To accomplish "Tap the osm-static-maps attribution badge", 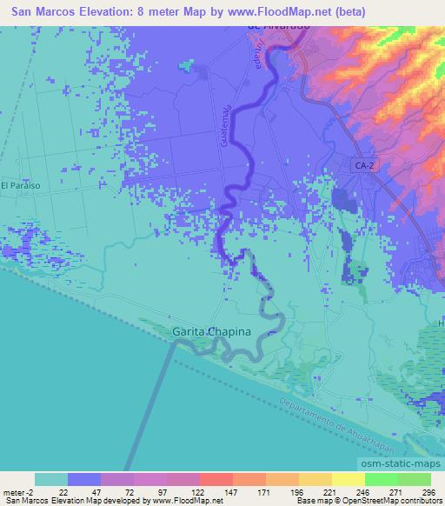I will point(396,464).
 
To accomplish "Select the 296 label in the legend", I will point(428,491).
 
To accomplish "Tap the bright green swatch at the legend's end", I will point(413,479).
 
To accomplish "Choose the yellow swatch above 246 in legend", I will point(347,479).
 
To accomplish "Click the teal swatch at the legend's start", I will point(50,479).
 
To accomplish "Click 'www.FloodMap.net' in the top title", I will point(284,11).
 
